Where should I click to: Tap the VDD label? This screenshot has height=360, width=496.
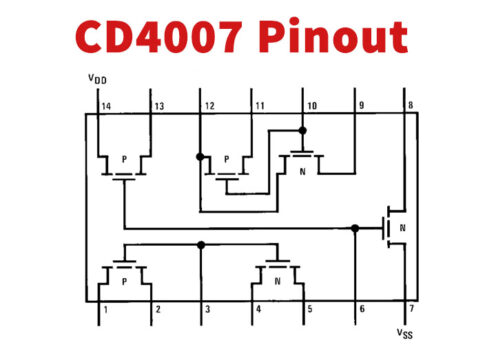(98, 78)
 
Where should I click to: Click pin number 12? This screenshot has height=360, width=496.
(209, 105)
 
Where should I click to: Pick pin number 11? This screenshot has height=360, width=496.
(259, 105)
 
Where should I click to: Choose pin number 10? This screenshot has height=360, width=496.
(310, 105)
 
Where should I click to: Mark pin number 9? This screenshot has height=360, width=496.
(361, 105)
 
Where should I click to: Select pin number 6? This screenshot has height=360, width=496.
(361, 310)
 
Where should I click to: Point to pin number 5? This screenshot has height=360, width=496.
(310, 310)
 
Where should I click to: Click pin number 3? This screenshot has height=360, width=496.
(207, 310)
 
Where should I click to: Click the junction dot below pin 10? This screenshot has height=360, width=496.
(303, 129)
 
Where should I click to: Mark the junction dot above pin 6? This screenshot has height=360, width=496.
(355, 228)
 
